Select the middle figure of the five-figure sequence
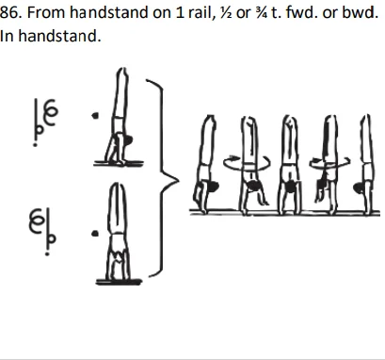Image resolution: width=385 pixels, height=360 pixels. pos(289,162)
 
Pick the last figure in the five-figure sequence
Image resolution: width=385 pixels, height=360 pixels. pos(361,162)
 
